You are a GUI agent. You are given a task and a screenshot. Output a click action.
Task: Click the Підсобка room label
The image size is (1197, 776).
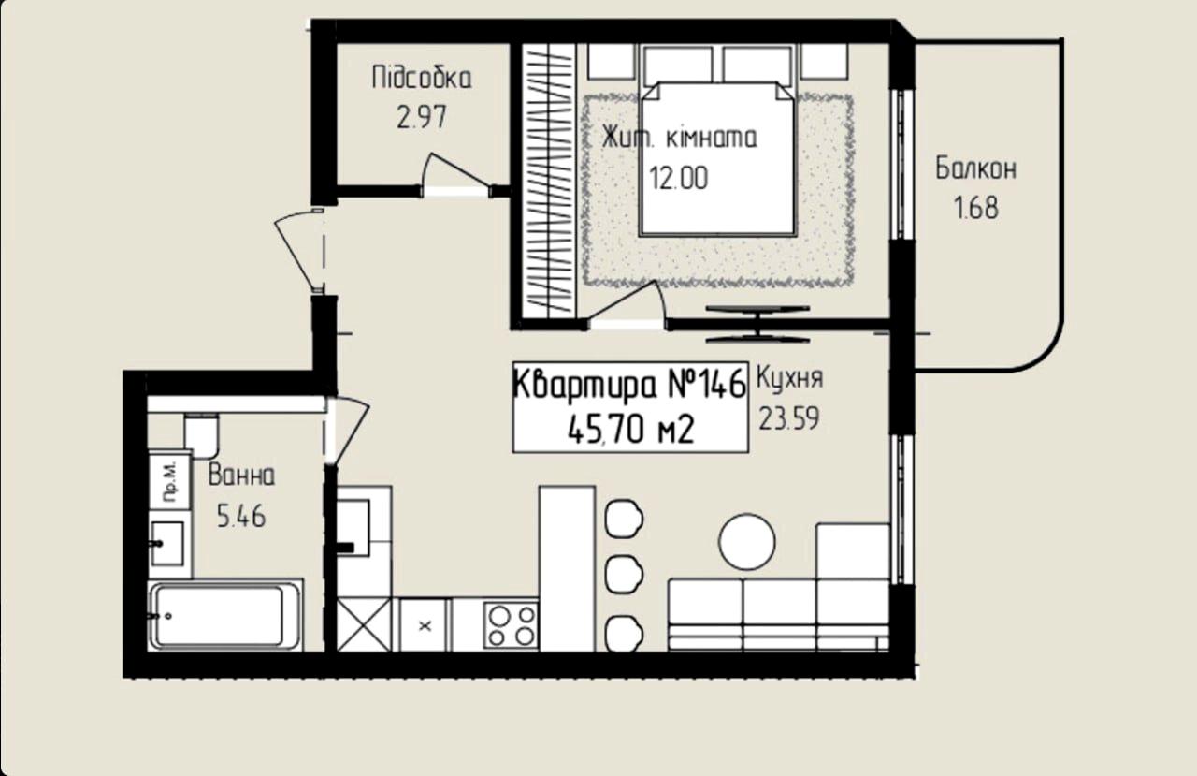pyautogui.click(x=422, y=78)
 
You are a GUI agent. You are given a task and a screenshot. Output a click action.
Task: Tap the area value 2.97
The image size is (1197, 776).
pyautogui.click(x=421, y=117)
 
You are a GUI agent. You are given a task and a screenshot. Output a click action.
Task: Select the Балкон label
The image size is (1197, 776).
pyautogui.click(x=975, y=168)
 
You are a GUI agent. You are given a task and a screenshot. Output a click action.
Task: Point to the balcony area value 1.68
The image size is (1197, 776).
pyautogui.click(x=975, y=208)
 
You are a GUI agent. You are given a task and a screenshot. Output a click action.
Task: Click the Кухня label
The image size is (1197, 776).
pyautogui.click(x=790, y=379)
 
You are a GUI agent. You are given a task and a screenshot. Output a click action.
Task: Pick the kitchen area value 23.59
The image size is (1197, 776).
pyautogui.click(x=788, y=418)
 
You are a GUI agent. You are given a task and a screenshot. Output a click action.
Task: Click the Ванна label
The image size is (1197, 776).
pyautogui.click(x=241, y=475)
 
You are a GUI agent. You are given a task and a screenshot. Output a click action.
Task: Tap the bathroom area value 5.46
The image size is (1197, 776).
pyautogui.click(x=241, y=517)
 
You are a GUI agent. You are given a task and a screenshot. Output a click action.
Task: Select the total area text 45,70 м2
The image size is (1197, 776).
pyautogui.click(x=630, y=430)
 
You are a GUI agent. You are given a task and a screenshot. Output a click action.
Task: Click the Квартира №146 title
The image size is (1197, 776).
pyautogui.click(x=629, y=384)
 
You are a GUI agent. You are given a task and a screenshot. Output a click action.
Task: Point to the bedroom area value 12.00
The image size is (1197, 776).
pyautogui.click(x=679, y=178)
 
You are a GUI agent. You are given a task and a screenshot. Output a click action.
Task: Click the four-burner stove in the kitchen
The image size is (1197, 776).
pyautogui.click(x=512, y=624)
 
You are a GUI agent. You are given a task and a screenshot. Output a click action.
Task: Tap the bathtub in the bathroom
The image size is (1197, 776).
pyautogui.click(x=225, y=615)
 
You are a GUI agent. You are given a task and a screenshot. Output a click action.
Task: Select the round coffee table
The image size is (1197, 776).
pyautogui.click(x=747, y=542)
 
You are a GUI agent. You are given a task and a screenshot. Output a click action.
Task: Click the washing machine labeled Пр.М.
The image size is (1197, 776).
pyautogui.click(x=169, y=482)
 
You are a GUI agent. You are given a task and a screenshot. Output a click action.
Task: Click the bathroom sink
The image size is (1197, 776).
pyautogui.click(x=169, y=543)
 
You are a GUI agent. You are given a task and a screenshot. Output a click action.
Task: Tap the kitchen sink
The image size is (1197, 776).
pyautogui.click(x=353, y=528)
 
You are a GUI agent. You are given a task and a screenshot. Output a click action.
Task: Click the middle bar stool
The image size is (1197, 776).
pyautogui.click(x=623, y=575)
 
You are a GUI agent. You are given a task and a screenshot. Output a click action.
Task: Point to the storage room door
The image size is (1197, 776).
pyautogui.click(x=454, y=174)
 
